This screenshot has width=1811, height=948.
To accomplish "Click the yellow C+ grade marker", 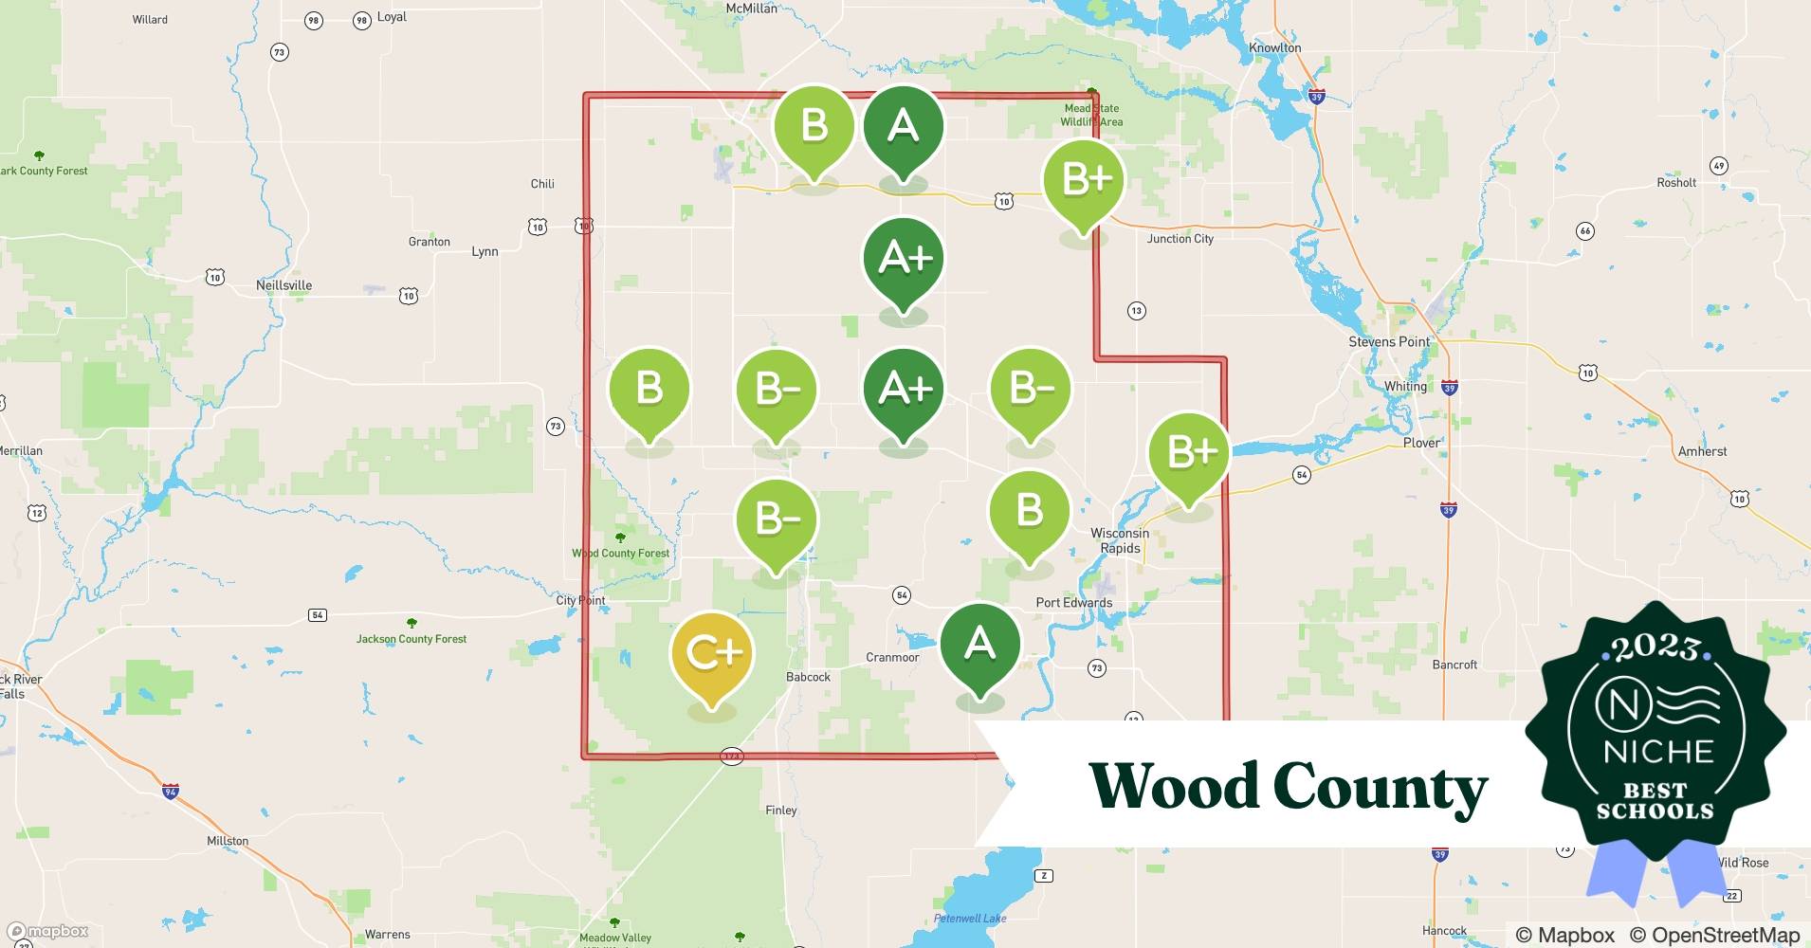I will point(711,654).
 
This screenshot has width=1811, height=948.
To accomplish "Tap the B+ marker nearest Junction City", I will point(1084,180).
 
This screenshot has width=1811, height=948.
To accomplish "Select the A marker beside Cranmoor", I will point(979,645).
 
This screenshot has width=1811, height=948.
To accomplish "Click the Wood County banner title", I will point(1288,787).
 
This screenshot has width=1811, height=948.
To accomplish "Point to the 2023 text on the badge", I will point(1656,647).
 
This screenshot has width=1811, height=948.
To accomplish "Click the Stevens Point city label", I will point(1389,341).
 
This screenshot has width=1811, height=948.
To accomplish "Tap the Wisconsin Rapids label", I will point(1120,540).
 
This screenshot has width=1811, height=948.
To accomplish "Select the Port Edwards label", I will point(1073,602).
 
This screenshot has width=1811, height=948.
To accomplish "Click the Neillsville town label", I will point(284,285).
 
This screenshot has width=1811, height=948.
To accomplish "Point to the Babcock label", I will point(808,677).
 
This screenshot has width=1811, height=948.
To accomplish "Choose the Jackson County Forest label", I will point(412,639).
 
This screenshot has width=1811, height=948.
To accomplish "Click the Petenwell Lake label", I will point(970,918).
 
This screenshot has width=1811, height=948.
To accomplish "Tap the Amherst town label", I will point(1702,451).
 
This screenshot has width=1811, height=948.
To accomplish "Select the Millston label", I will point(228,841).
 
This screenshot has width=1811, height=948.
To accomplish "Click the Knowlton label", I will point(1274,48).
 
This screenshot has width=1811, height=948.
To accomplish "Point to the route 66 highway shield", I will point(1584,230).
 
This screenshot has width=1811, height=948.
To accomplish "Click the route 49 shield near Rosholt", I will point(1718,166).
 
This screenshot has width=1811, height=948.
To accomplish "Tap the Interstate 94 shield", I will point(171,792).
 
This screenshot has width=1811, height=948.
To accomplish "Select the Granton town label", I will point(429,242).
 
